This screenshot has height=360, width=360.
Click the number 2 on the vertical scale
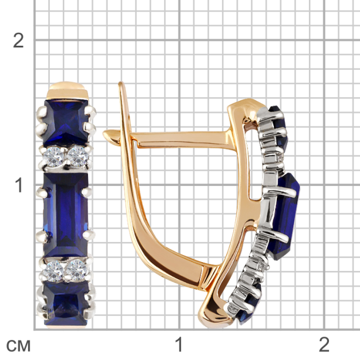point(18,40)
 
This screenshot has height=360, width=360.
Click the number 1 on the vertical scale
point(19,185)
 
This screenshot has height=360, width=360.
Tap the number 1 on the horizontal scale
point(179,344)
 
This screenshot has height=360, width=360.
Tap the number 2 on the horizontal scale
point(324,344)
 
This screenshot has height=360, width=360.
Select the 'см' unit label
point(18,345)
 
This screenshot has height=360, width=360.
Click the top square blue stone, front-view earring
point(66,122)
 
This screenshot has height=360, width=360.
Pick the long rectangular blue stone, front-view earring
point(66,215)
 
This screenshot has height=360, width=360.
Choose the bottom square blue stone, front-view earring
point(66,304)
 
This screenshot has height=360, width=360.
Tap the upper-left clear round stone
point(54,157)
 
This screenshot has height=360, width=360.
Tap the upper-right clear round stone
point(78,156)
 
